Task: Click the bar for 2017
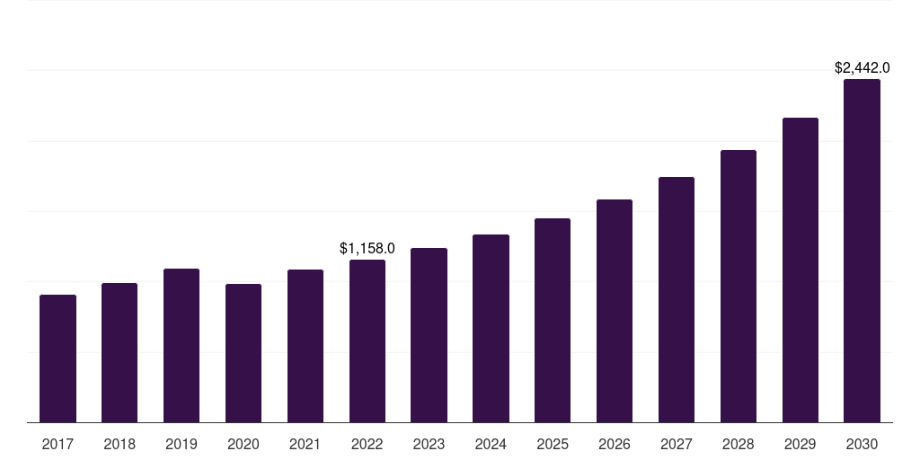[57, 358]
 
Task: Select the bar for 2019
[181, 345]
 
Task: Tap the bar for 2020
[243, 353]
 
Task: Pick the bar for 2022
[367, 341]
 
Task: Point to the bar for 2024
[491, 328]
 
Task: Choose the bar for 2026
[615, 311]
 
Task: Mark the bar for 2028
[739, 286]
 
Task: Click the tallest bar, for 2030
[862, 251]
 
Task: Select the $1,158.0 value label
[367, 248]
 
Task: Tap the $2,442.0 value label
[862, 67]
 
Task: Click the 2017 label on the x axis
[57, 444]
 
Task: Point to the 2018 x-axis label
[119, 444]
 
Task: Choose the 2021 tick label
[305, 444]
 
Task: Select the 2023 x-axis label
[429, 444]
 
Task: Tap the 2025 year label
[553, 444]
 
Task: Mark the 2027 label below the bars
[677, 444]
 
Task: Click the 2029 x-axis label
[800, 444]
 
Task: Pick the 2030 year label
[862, 444]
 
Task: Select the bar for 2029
[800, 270]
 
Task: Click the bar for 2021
[305, 346]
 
